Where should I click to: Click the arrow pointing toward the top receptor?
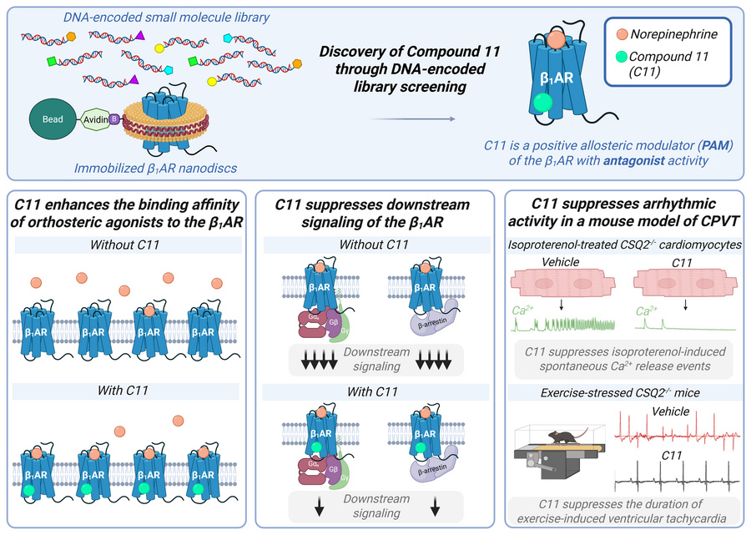click(x=413, y=119)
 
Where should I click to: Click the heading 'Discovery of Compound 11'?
click(x=410, y=52)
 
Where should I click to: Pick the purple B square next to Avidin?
click(x=116, y=120)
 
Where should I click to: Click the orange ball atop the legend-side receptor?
click(x=556, y=37)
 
